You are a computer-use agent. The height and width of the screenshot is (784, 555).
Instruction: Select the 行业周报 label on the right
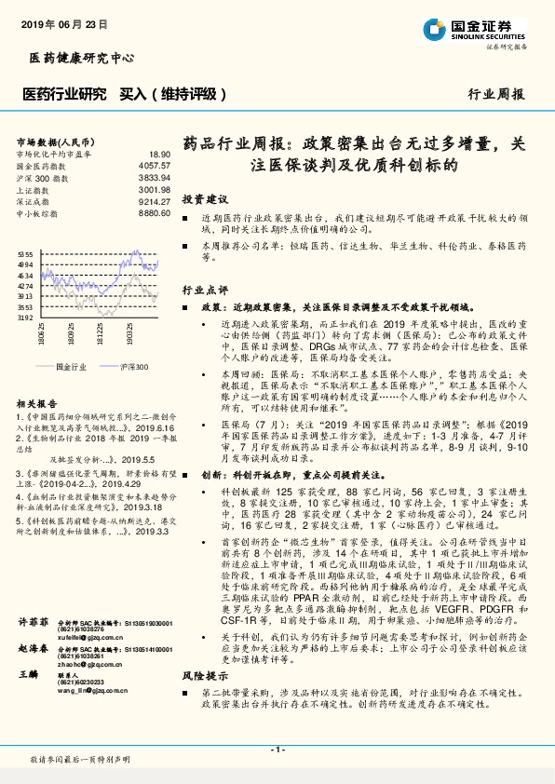(x=496, y=94)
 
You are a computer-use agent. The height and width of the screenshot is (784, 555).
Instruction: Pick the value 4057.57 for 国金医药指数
(x=155, y=165)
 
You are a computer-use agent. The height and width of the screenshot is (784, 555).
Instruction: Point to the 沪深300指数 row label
(x=38, y=176)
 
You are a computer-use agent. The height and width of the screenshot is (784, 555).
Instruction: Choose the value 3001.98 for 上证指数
(x=155, y=188)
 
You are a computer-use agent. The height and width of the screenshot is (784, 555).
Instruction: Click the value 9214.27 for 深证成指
(x=155, y=200)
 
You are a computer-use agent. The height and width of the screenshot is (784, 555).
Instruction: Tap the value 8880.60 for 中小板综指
(x=155, y=212)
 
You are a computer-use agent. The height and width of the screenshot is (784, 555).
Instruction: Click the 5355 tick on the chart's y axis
(x=25, y=254)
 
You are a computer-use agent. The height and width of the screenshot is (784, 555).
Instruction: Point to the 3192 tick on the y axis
(x=25, y=318)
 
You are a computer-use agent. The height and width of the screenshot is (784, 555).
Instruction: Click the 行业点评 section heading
(x=205, y=290)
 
